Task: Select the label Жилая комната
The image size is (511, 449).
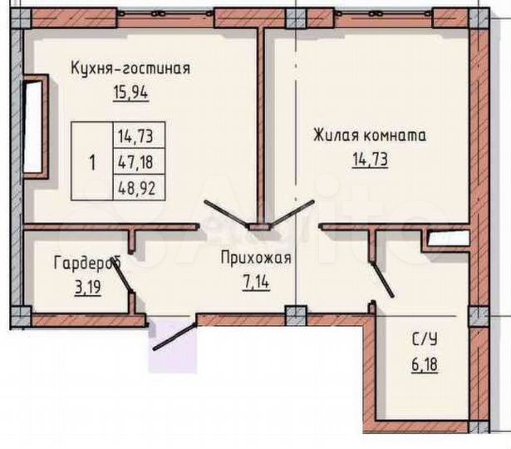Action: [x=370, y=134]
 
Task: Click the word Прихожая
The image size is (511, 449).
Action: [x=256, y=259]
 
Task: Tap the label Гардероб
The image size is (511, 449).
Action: [x=86, y=264]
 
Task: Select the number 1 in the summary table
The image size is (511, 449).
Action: [x=92, y=160]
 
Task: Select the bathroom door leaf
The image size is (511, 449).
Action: [x=384, y=271]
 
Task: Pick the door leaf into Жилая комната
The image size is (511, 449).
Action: [x=292, y=214]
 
